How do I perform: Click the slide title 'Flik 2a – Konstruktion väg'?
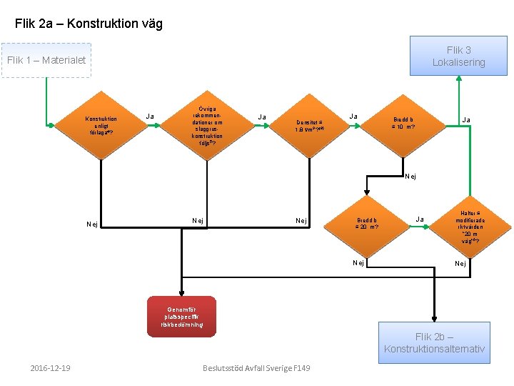click(x=89, y=24)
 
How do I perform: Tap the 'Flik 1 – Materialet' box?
click(x=46, y=60)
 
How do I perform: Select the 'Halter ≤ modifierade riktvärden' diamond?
click(x=469, y=227)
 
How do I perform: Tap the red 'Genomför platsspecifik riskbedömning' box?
click(x=181, y=315)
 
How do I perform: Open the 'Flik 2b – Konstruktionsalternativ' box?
click(x=435, y=342)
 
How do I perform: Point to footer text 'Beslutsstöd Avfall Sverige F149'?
click(x=256, y=368)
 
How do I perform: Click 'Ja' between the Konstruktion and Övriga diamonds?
click(x=150, y=116)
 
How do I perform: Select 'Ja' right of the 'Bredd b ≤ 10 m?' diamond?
click(x=465, y=120)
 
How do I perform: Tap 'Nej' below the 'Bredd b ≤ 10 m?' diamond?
click(x=410, y=176)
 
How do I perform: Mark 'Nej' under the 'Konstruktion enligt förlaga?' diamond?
click(x=92, y=224)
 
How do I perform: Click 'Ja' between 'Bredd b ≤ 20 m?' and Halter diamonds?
click(x=420, y=219)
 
